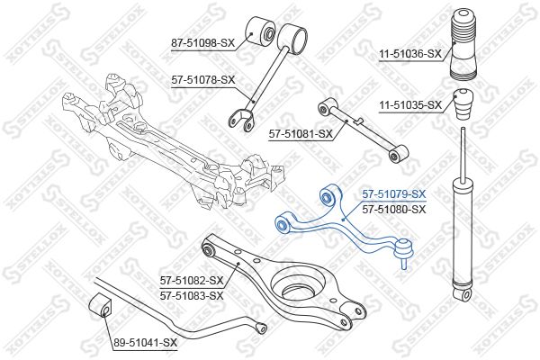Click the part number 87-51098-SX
coord(202,41)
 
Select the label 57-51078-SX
coord(202,79)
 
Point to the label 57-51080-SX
coord(393,208)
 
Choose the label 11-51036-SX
coord(408,54)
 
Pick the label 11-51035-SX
coord(408,105)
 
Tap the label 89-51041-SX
coord(146,343)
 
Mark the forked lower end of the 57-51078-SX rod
coord(239,118)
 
